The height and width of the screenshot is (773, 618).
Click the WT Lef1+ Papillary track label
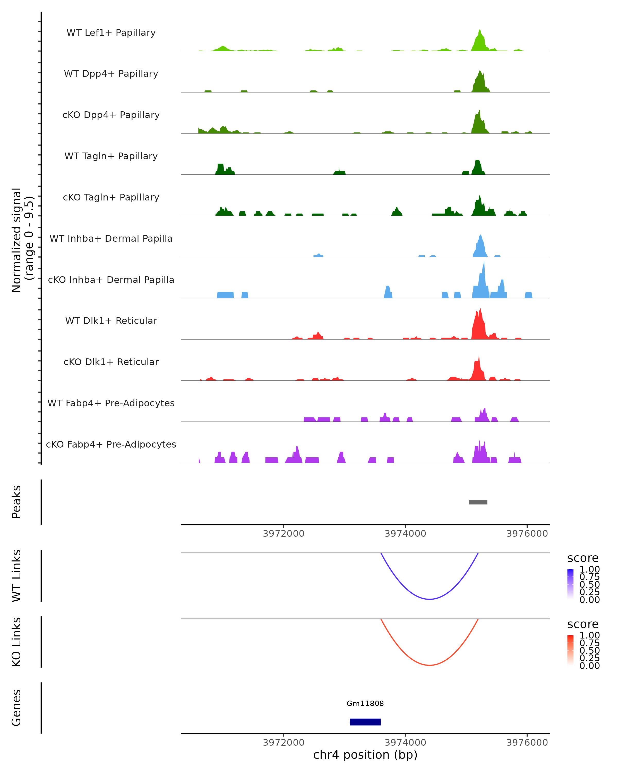pos(111,33)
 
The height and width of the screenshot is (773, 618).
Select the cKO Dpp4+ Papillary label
pos(111,115)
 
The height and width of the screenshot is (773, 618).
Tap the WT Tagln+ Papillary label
pos(111,156)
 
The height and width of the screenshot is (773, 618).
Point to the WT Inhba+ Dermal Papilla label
pos(111,238)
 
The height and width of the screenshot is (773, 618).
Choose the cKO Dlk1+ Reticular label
pos(111,362)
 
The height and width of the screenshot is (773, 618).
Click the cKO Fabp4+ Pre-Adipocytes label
pos(111,444)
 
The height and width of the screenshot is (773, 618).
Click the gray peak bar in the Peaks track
pos(478,502)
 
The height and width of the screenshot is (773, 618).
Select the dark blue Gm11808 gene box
pos(365,722)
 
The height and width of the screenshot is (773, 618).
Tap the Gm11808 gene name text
pos(365,703)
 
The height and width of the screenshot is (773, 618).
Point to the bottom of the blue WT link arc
pos(429,599)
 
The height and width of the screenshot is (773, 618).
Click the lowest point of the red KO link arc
pos(429,665)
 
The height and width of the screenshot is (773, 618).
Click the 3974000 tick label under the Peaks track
pos(405,534)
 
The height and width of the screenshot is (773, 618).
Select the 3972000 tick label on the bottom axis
pos(284,742)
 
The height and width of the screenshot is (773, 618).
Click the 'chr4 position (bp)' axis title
pos(365,755)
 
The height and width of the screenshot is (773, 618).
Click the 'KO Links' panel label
pos(16,642)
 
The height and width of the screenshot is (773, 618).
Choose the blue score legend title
pos(582,558)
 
